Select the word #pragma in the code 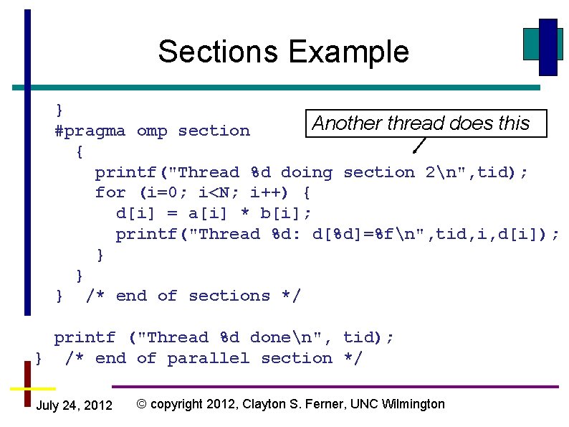click(90, 131)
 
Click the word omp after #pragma click(152, 131)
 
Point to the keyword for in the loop click(110, 193)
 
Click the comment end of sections click(193, 296)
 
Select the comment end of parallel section click(214, 358)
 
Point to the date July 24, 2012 click(74, 405)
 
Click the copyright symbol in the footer click(142, 404)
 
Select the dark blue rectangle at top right click(548, 47)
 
